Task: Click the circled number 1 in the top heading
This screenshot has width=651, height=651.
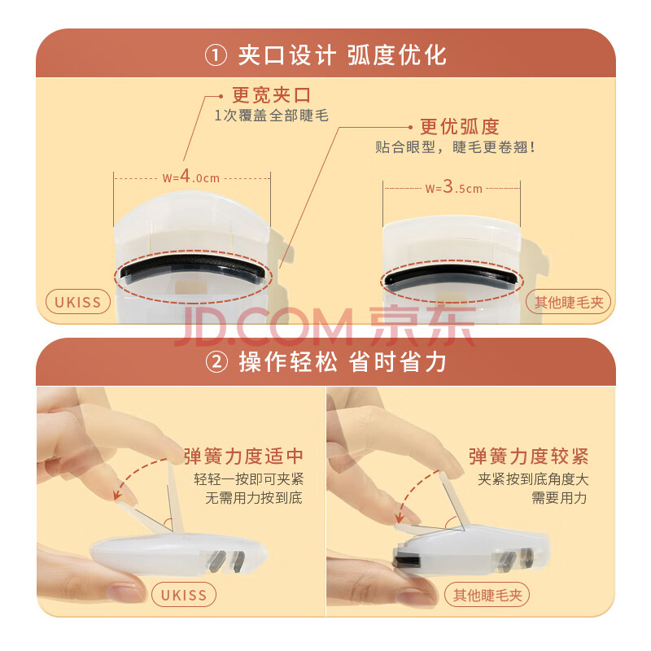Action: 216,55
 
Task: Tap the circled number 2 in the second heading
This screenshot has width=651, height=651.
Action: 216,362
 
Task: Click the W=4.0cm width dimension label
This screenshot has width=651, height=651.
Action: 191,177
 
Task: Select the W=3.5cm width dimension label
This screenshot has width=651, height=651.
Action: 454,187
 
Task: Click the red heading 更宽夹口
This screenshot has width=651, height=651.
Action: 271,95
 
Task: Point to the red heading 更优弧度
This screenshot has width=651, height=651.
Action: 459,127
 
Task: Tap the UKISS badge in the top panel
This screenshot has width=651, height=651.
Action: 78,302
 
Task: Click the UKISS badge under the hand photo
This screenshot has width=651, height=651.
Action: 184,595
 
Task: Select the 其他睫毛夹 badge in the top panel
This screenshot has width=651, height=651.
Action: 568,302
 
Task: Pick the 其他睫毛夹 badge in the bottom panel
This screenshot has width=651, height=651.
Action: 487,595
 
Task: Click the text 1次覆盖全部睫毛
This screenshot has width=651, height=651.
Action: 271,116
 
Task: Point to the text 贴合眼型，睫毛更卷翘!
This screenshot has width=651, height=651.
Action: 456,147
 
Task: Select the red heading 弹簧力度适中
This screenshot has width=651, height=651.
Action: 243,456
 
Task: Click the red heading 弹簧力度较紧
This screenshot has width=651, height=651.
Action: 528,456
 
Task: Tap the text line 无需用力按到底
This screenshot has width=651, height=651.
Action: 254,497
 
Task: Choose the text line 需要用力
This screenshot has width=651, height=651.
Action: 559,497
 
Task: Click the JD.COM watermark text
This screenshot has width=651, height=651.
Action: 264,328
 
